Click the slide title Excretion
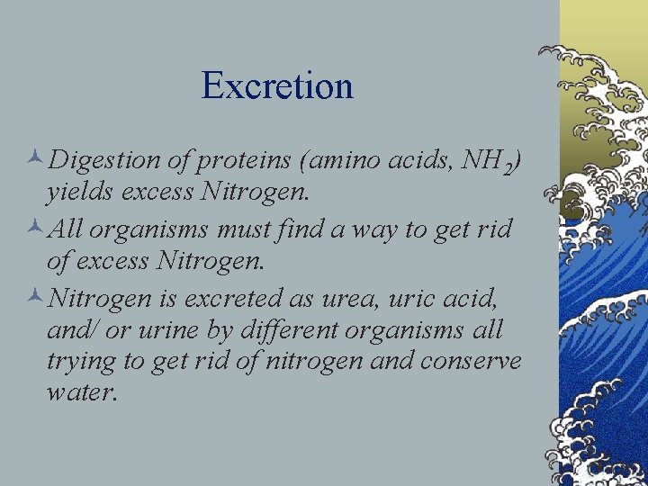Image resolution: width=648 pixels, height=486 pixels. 277,85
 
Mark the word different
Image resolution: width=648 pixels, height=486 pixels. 292,330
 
